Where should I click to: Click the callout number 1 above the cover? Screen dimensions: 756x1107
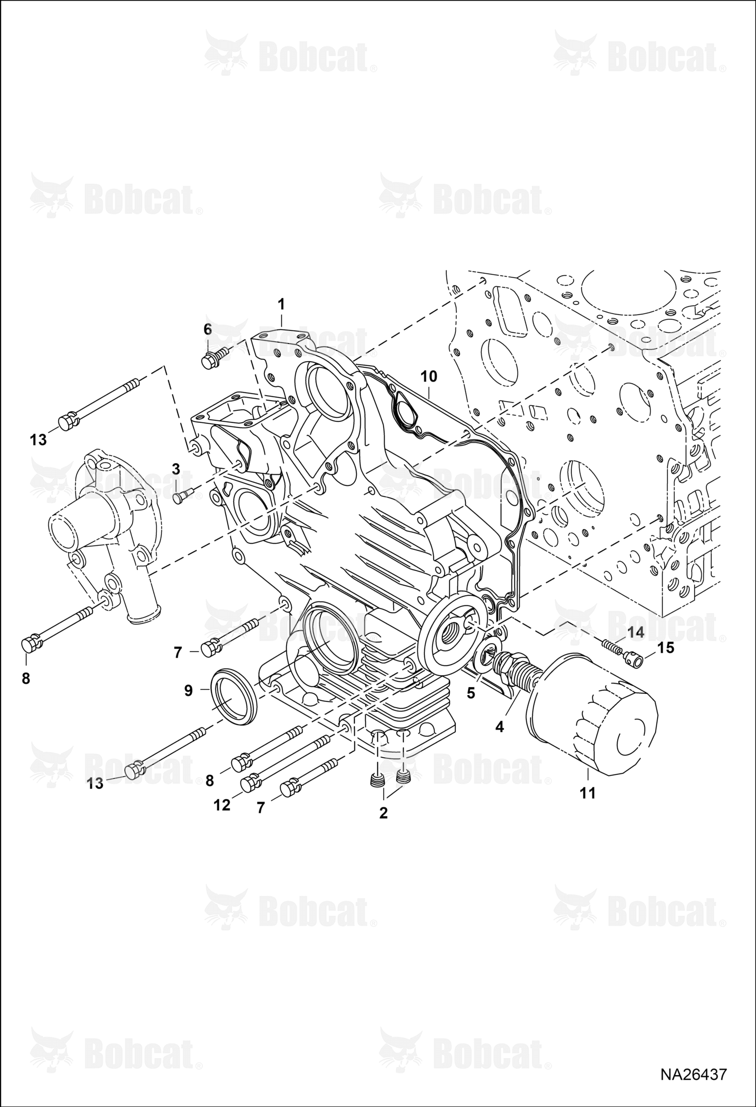tap(281, 304)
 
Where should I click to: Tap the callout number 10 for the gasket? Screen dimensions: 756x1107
tap(428, 376)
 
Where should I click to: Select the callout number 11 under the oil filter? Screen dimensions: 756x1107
tap(588, 793)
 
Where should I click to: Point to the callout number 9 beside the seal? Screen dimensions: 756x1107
tap(188, 690)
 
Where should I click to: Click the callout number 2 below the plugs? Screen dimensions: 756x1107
tap(384, 813)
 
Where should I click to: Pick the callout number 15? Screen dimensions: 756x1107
tap(667, 647)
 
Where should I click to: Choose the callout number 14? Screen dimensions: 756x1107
tap(636, 632)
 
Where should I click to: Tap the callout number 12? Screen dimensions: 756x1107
tap(222, 805)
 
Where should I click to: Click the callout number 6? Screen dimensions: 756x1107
tap(207, 329)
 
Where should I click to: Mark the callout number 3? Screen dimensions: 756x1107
tap(176, 469)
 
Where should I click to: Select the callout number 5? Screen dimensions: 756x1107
tap(471, 693)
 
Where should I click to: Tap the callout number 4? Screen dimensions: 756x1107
tap(499, 727)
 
